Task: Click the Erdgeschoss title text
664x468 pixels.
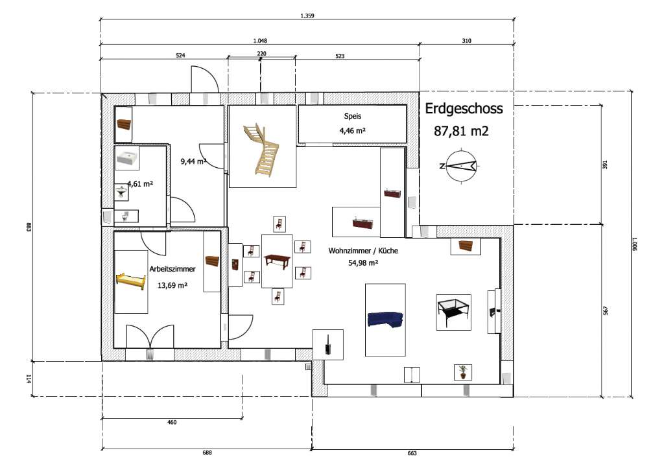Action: pyautogui.click(x=464, y=109)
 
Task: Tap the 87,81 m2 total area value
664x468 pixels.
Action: pyautogui.click(x=461, y=131)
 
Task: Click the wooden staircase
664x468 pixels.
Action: pyautogui.click(x=261, y=148)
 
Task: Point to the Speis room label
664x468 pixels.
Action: pyautogui.click(x=352, y=116)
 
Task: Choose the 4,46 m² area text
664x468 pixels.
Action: pyautogui.click(x=352, y=130)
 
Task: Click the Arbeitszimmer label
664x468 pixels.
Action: pyautogui.click(x=172, y=269)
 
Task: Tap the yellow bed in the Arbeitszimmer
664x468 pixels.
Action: pyautogui.click(x=131, y=281)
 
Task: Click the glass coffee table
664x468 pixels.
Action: pyautogui.click(x=453, y=312)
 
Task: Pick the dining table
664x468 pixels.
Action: pyautogui.click(x=276, y=259)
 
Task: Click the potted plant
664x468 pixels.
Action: pyautogui.click(x=463, y=372)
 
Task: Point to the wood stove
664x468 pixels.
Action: pyautogui.click(x=327, y=345)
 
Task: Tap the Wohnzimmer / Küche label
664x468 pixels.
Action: pyautogui.click(x=363, y=250)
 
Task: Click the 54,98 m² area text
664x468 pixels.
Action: pyautogui.click(x=363, y=263)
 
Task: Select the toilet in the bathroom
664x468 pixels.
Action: pyautogui.click(x=124, y=216)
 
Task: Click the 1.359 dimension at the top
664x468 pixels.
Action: pyautogui.click(x=307, y=16)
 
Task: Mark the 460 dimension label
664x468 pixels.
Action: pyautogui.click(x=172, y=422)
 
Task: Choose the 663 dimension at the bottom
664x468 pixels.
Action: pyautogui.click(x=412, y=453)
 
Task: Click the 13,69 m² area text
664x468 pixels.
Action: pyautogui.click(x=172, y=285)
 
